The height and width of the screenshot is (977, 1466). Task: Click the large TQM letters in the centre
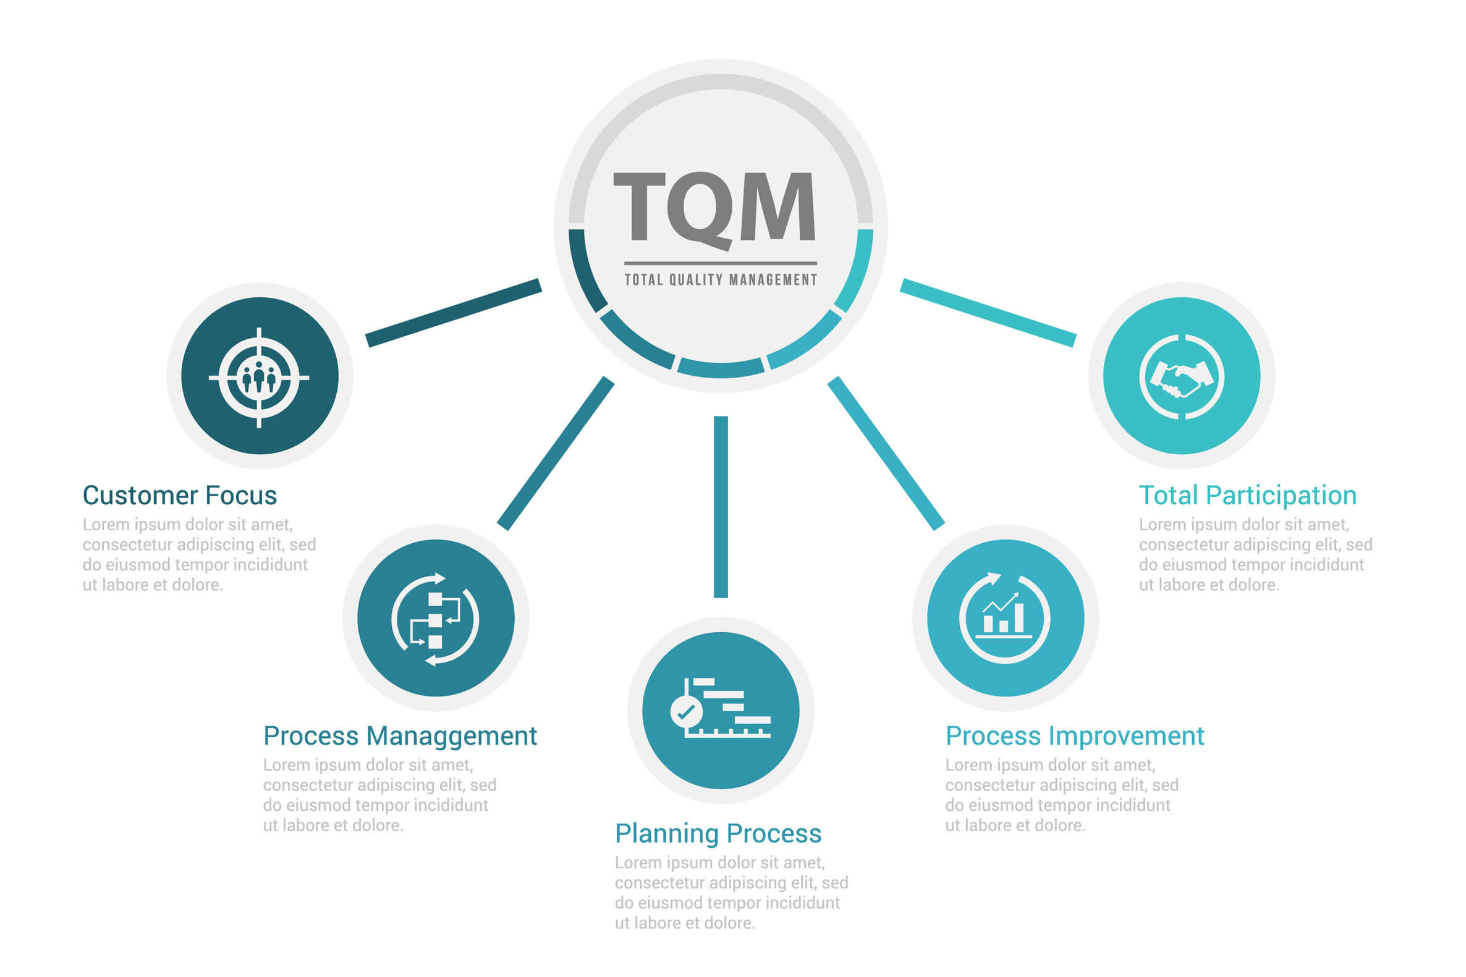pyautogui.click(x=714, y=208)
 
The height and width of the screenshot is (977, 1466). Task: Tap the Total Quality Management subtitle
pyautogui.click(x=720, y=280)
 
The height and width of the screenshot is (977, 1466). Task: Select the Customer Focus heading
pyautogui.click(x=179, y=496)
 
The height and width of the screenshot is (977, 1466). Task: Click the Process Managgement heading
pyautogui.click(x=399, y=736)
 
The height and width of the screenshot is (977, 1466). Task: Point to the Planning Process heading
pyautogui.click(x=718, y=834)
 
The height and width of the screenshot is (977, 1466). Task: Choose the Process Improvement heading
pyautogui.click(x=1074, y=736)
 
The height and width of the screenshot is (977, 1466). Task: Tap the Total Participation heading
pyautogui.click(x=1247, y=496)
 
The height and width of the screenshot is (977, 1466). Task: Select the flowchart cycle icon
pyautogui.click(x=436, y=619)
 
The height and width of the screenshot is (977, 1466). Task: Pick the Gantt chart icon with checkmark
pyautogui.click(x=720, y=709)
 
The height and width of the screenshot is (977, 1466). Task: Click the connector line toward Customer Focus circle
pyautogui.click(x=453, y=313)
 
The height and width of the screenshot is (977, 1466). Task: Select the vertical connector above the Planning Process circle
pyautogui.click(x=720, y=507)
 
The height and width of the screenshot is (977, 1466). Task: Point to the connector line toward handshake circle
pyautogui.click(x=988, y=313)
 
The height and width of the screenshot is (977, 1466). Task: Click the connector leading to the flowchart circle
pyautogui.click(x=555, y=454)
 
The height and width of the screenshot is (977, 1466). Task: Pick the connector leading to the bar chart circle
pyautogui.click(x=885, y=454)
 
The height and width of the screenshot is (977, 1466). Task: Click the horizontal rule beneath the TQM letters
pyautogui.click(x=720, y=263)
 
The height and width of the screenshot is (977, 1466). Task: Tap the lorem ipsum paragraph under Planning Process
pyautogui.click(x=731, y=893)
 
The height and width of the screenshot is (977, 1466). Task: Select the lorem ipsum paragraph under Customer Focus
pyautogui.click(x=199, y=554)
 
